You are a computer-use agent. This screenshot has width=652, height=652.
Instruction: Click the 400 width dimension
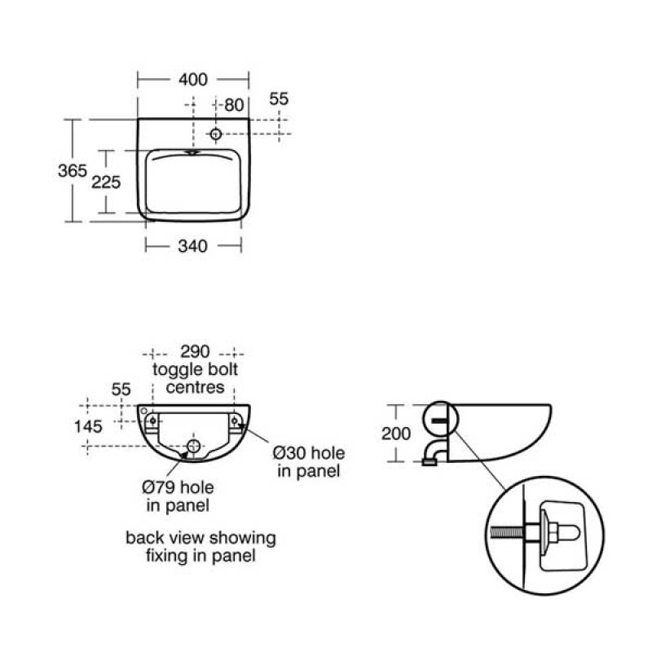click(193, 79)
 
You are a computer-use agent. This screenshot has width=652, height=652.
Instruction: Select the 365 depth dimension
click(73, 171)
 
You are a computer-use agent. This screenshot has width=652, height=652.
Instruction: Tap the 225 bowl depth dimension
click(106, 182)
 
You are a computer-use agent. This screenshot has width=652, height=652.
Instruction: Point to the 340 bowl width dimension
click(193, 246)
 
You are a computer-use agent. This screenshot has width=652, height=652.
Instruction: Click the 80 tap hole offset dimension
click(234, 105)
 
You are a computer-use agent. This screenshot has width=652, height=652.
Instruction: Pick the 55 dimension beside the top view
click(279, 99)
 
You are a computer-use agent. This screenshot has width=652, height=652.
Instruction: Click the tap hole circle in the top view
click(215, 134)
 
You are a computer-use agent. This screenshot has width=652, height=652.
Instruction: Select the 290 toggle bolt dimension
click(195, 352)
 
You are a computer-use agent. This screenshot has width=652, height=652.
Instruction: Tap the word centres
click(195, 387)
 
